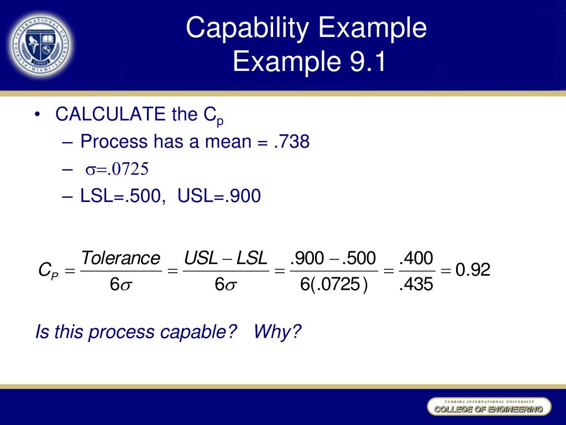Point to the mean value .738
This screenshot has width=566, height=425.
pos(291,142)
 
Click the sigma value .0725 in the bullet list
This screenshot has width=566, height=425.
pos(128,169)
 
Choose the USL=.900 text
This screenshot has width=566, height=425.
pos(219,196)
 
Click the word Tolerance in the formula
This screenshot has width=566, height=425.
pos(120,258)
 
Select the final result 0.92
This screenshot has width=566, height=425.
pos(473,271)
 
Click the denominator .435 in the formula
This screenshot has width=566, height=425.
pos(416,285)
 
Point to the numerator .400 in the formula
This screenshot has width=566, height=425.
pos(416,258)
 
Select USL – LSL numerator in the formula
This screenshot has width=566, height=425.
pos(226,258)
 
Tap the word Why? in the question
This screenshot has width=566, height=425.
pos(278,332)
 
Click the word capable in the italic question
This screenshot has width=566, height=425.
pos(195,332)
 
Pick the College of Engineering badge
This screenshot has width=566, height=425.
pos(489,408)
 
